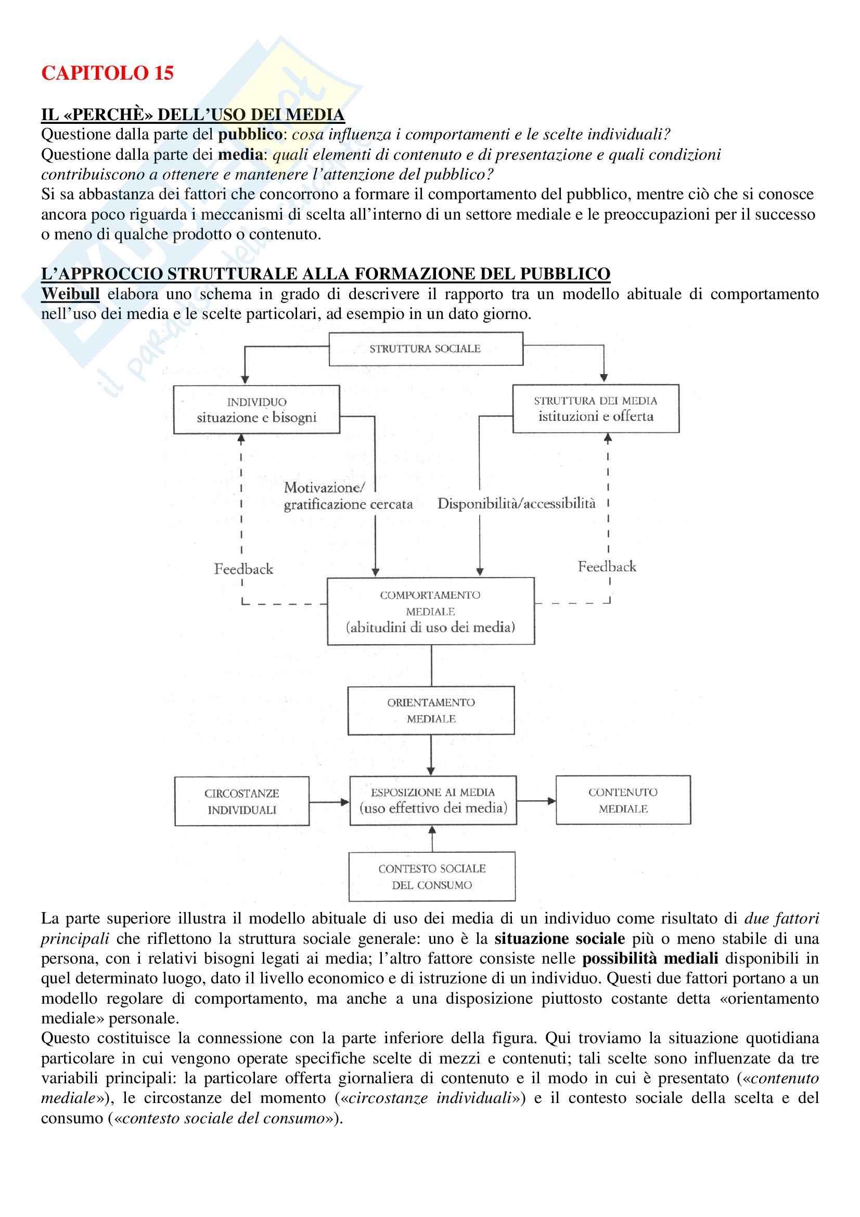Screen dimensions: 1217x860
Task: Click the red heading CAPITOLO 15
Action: [107, 73]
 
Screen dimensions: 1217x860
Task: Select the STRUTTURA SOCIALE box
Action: [426, 349]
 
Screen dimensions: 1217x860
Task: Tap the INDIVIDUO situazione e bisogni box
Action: [256, 409]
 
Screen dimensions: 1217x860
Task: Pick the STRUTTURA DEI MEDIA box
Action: [596, 408]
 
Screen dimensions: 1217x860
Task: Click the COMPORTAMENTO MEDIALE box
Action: [430, 611]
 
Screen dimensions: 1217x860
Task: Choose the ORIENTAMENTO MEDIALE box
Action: [431, 710]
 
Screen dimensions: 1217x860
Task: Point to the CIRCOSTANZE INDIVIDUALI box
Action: [241, 801]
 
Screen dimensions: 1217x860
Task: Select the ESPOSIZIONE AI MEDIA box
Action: [433, 800]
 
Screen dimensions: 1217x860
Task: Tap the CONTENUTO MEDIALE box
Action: [623, 800]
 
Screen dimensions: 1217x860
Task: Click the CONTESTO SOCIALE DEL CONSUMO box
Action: [432, 877]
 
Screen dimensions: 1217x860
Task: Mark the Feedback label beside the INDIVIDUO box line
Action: [243, 569]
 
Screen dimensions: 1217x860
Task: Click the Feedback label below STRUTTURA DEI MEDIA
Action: [607, 567]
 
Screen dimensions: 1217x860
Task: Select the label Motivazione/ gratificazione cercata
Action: [348, 496]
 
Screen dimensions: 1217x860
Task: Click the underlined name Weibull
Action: [70, 293]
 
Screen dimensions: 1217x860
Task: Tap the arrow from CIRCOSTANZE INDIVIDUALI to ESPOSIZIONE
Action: [329, 802]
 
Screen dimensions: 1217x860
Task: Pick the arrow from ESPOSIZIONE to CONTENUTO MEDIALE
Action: [536, 801]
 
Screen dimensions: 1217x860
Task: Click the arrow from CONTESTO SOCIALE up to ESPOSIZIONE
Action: [432, 839]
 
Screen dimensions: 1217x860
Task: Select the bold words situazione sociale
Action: [560, 939]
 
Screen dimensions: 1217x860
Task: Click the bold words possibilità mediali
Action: [650, 958]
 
